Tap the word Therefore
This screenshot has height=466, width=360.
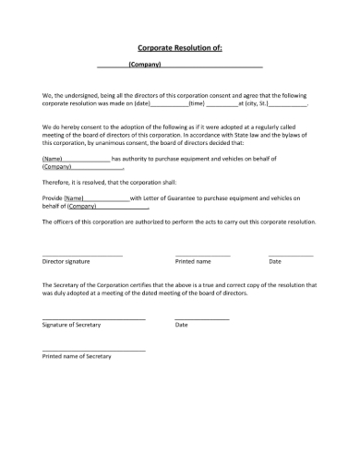click(59, 183)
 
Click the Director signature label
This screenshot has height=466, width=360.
click(66, 262)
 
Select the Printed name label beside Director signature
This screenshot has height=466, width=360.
click(193, 262)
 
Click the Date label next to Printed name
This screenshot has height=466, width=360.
click(275, 262)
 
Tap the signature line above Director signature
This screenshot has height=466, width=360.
click(82, 255)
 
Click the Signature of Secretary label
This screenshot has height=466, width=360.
click(72, 326)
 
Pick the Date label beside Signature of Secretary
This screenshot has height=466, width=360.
click(181, 326)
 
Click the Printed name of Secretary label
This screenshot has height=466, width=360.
click(77, 355)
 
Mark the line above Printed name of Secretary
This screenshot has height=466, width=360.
click(93, 350)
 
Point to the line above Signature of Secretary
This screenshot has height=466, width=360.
click(93, 319)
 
